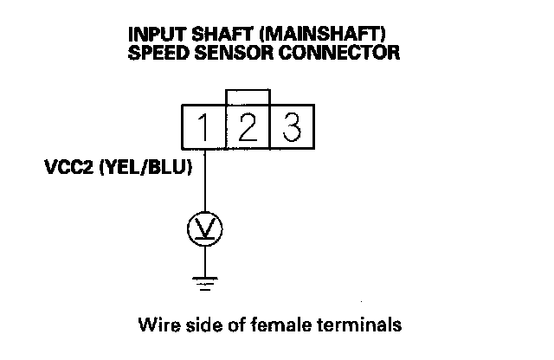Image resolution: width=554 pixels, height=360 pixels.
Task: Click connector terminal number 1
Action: pos(203,128)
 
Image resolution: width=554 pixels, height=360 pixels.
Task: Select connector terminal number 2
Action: pos(248,128)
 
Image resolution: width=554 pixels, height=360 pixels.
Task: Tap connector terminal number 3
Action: pos(292,128)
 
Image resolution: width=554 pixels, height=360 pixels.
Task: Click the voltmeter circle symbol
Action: pos(205,229)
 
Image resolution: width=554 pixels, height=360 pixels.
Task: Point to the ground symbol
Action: pos(205,280)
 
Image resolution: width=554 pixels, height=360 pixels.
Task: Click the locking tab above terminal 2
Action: pos(248,96)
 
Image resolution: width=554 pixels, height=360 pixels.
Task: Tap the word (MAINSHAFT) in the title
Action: pos(312,35)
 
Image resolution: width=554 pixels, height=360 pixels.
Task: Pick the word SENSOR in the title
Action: pos(228,53)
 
